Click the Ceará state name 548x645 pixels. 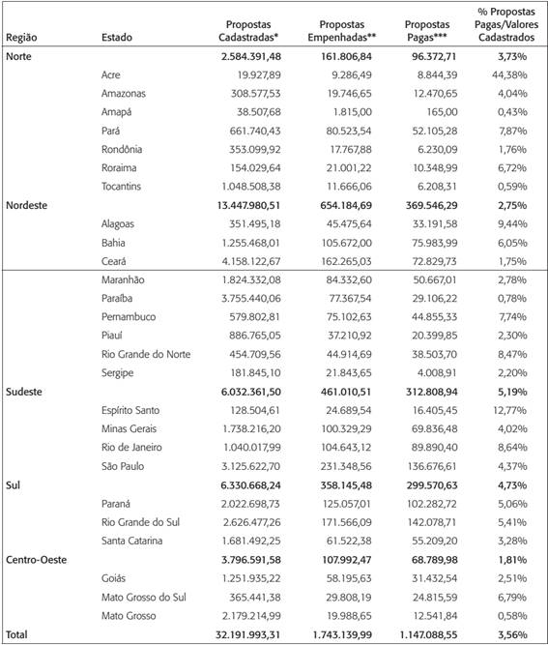(x=116, y=261)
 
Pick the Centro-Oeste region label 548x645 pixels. (x=37, y=559)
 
